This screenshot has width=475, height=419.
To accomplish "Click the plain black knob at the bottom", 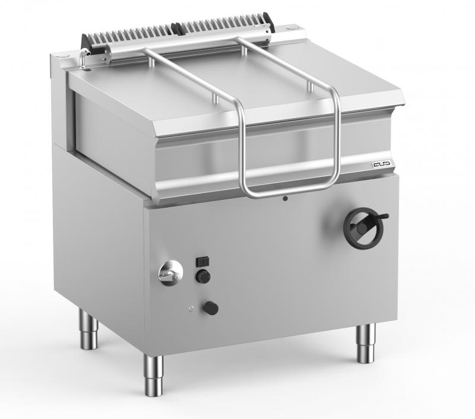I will (x=210, y=308).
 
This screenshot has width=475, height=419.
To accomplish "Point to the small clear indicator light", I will (x=191, y=307).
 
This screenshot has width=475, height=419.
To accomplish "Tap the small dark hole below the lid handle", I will (x=285, y=198).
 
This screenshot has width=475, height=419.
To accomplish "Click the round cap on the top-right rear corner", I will (x=292, y=27).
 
